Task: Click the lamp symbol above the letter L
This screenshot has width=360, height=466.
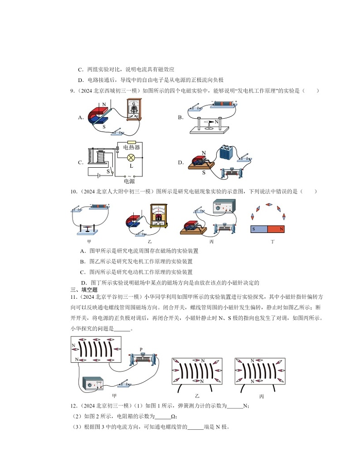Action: pyautogui.click(x=131, y=157)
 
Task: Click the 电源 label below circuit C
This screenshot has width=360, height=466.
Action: pyautogui.click(x=129, y=181)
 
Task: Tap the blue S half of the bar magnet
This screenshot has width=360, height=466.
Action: pyautogui.click(x=259, y=229)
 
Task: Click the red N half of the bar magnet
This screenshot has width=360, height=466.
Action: pyautogui.click(x=277, y=229)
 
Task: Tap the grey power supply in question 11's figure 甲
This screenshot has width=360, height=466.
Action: pyautogui.click(x=93, y=384)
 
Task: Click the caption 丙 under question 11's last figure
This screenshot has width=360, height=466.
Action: pyautogui.click(x=262, y=396)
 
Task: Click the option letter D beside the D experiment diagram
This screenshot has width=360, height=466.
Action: pyautogui.click(x=180, y=162)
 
